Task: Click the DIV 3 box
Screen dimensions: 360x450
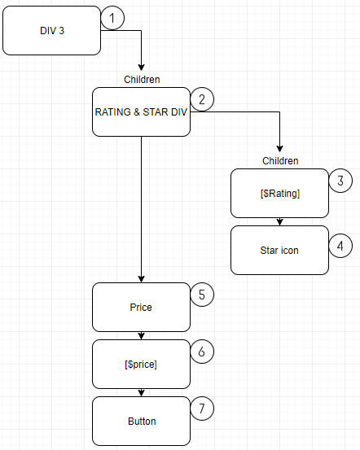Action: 51,30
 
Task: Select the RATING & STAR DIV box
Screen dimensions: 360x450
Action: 141,112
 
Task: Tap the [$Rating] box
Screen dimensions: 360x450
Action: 279,193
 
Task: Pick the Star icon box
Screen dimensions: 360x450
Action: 279,251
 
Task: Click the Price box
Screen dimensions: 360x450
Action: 141,307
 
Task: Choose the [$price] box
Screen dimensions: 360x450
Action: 141,365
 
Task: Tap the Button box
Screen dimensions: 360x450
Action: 141,421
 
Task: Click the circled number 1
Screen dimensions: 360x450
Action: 112,18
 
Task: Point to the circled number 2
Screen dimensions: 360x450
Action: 202,99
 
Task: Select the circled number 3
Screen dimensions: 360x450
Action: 340,181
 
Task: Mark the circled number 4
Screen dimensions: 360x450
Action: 340,246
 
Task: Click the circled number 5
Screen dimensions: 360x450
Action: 202,295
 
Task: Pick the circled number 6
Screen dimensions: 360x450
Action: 202,352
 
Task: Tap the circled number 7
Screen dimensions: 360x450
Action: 202,408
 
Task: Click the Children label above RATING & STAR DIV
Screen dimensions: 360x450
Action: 142,80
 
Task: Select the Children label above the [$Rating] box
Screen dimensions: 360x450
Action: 280,161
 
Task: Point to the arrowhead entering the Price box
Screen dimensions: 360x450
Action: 141,279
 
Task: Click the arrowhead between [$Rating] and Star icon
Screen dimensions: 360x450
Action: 279,222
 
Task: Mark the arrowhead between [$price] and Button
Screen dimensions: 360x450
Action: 141,393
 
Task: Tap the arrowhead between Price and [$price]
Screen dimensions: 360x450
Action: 141,336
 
